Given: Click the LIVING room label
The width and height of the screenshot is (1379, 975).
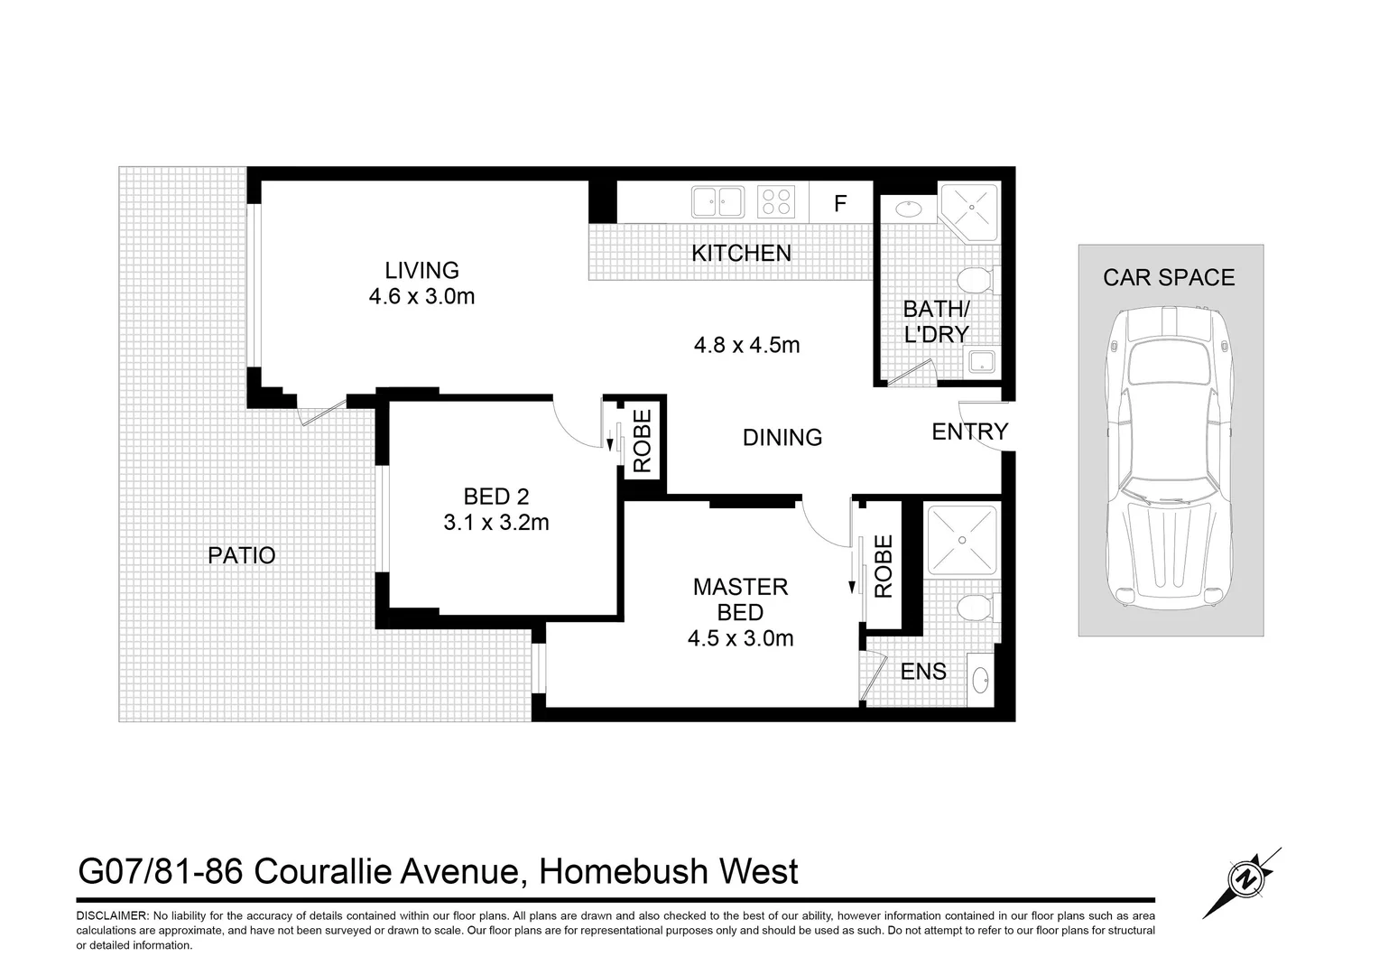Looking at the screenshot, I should pos(421,270).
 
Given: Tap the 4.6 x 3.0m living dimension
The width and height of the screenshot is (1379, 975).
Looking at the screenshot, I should pos(421,296).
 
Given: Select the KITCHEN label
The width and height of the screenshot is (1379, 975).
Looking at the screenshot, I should pos(741,254).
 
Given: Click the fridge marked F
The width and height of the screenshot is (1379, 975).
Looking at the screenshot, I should pos(840,203).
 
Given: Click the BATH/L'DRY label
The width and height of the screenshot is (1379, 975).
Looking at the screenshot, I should pos(936,322).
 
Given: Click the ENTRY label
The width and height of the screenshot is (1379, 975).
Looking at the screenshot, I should pos(969,432).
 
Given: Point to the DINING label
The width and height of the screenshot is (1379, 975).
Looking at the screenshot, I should pos(782,438).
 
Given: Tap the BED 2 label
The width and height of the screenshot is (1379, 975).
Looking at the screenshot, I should pos(495,496).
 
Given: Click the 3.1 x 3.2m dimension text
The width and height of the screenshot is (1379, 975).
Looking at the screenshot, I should pos(496,522).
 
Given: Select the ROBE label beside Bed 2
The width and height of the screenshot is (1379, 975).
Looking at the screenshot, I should pos(643,441).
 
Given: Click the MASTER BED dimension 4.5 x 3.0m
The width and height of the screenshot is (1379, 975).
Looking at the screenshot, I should pos(740,639).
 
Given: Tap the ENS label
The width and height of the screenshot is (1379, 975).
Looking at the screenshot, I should pos(923,672).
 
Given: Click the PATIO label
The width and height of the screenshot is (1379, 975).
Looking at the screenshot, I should pos(241,555).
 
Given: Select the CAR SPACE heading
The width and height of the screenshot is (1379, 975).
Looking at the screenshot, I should pos(1169,278).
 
